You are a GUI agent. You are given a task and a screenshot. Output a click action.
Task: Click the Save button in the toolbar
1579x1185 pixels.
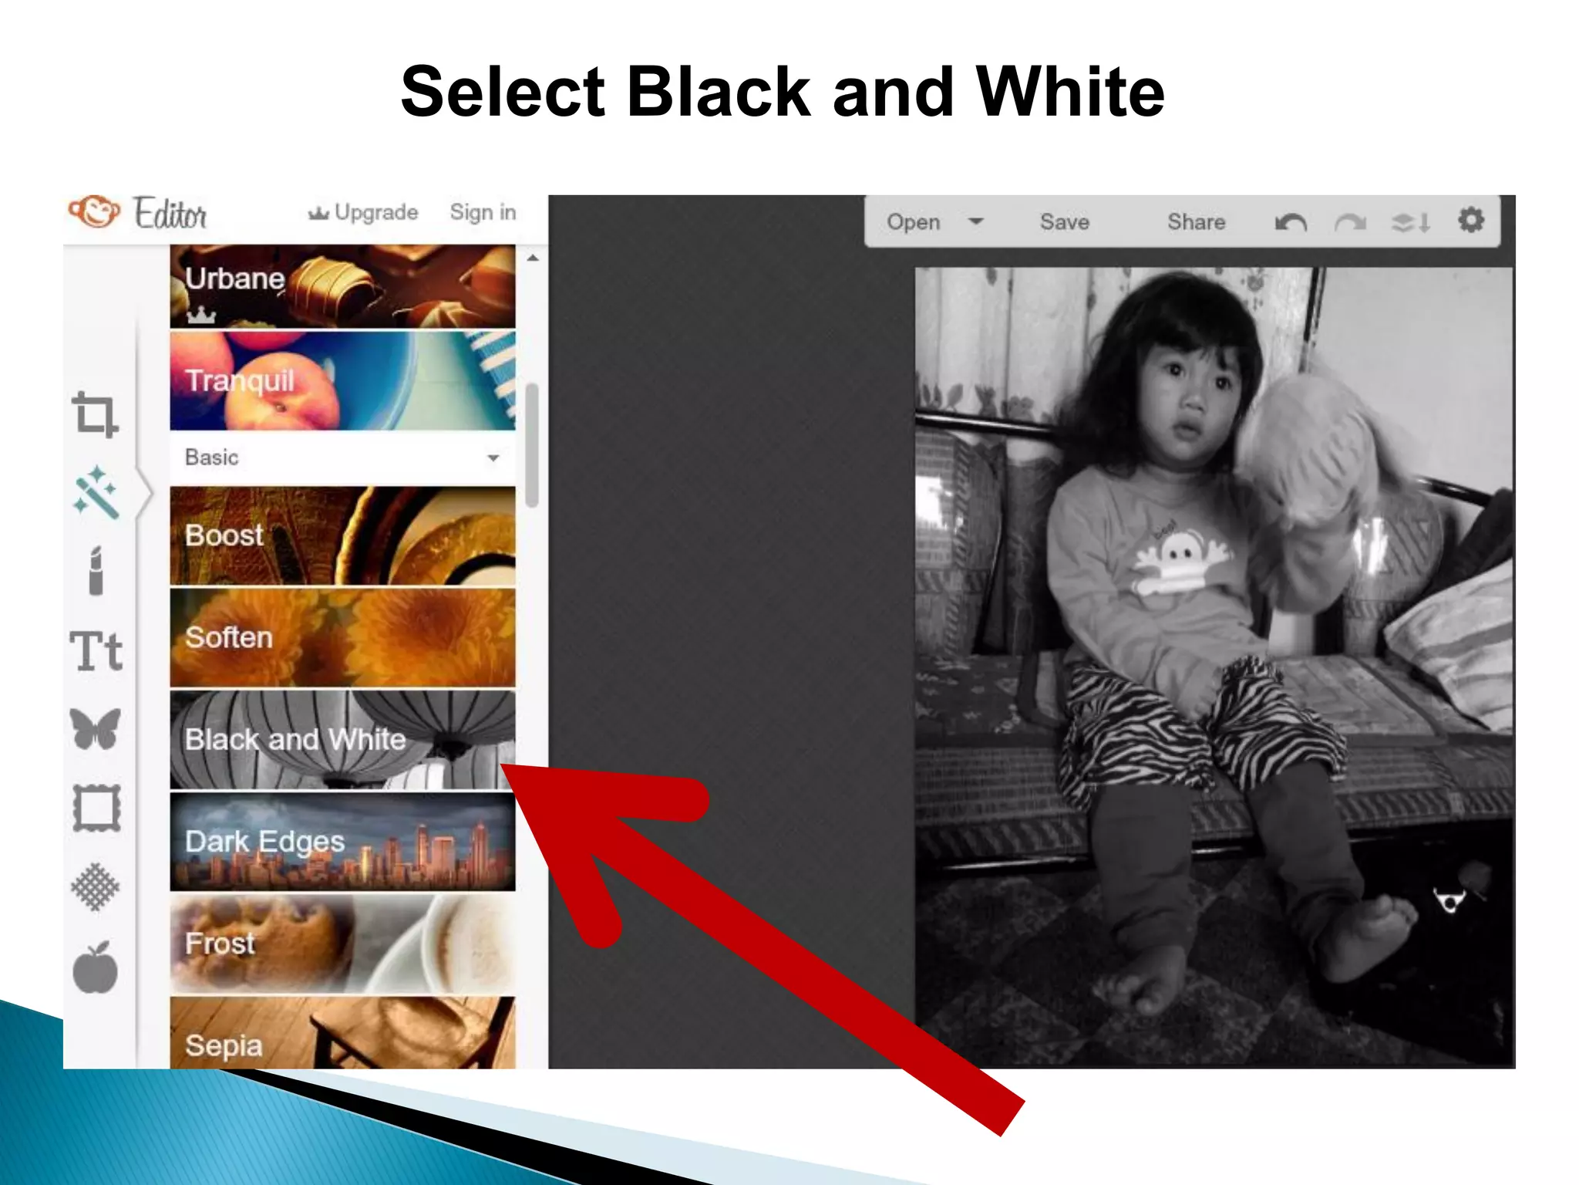[1064, 222]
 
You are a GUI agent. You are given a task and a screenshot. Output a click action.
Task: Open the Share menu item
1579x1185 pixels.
[1196, 222]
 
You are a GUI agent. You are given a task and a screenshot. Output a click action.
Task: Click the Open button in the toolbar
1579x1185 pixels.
[914, 222]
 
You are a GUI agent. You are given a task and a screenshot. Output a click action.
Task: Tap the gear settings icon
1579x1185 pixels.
[1470, 221]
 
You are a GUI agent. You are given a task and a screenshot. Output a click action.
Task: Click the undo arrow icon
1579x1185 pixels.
[1291, 223]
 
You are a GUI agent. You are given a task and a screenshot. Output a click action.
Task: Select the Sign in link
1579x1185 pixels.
[483, 212]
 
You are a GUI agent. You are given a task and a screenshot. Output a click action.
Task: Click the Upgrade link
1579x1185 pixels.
[364, 212]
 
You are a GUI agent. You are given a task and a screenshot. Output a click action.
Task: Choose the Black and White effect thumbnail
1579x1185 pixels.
[342, 739]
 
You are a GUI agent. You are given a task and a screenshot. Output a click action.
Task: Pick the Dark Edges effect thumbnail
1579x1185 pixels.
[342, 842]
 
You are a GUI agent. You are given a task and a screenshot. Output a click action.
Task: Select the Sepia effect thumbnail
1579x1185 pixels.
[342, 1034]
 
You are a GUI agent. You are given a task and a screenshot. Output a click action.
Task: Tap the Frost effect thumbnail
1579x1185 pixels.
[342, 944]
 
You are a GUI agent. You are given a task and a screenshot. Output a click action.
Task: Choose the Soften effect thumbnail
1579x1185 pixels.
[342, 637]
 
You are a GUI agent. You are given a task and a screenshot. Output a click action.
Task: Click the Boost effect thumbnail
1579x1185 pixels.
[342, 535]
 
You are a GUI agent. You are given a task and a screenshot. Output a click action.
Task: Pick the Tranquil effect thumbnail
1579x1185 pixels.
[342, 380]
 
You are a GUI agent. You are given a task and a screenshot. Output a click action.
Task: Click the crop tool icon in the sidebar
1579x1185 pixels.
[95, 415]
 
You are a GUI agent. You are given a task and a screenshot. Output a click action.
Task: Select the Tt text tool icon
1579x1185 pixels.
[96, 650]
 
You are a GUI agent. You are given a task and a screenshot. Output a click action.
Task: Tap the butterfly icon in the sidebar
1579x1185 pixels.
[96, 728]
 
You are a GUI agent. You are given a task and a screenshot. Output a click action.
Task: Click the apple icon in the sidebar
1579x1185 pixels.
[96, 967]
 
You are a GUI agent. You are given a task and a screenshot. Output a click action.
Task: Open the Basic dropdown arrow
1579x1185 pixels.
[493, 458]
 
